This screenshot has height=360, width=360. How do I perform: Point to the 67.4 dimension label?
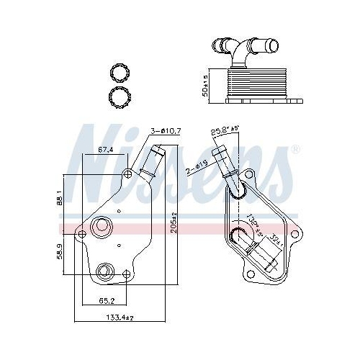105,149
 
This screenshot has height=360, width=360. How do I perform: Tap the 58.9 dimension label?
59,253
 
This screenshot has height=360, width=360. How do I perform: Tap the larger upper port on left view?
101,229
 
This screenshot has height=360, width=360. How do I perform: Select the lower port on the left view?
105,271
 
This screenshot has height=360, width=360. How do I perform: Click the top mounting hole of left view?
127,174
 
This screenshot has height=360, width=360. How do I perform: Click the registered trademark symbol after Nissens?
294,149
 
